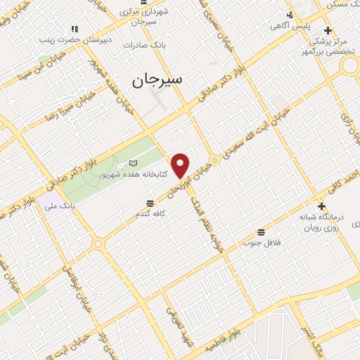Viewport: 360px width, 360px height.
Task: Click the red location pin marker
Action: coord(181,165)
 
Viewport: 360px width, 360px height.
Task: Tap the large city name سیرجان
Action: coord(157,79)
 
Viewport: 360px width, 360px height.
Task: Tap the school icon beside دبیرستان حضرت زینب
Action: coord(74,30)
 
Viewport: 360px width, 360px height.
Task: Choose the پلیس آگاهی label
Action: coord(288,26)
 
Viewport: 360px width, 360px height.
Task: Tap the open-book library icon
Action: coord(134,162)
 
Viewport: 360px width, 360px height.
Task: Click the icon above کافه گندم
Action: coord(149,202)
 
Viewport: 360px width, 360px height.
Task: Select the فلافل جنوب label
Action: coord(262,243)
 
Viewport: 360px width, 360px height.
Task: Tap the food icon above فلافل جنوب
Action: coord(262,231)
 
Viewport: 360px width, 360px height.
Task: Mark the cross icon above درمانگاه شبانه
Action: coord(322,207)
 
